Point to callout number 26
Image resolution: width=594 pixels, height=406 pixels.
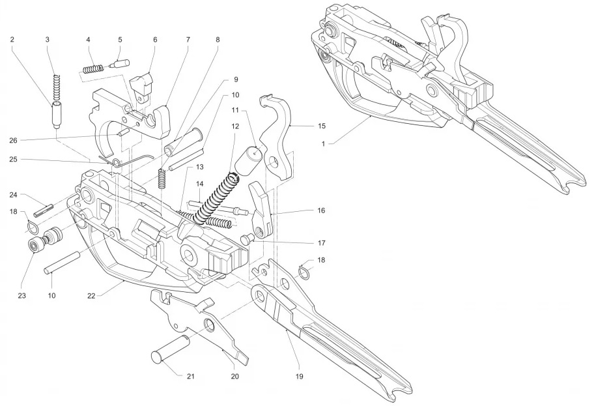click(x=12, y=139)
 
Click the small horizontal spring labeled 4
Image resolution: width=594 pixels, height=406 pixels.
click(x=93, y=67)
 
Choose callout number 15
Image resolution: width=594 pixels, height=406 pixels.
click(x=321, y=124)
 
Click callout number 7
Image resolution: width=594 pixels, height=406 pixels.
click(x=188, y=40)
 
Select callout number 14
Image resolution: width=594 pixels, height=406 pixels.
click(x=200, y=184)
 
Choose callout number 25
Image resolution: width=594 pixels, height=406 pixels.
click(x=12, y=160)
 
